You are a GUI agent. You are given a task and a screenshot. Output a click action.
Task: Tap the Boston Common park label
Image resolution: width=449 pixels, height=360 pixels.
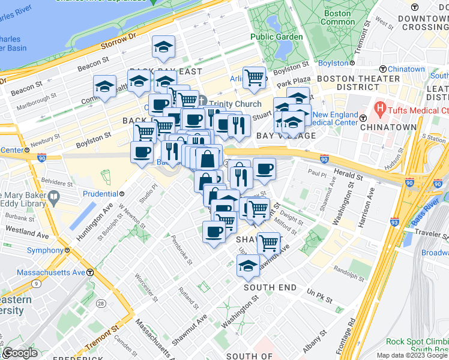[338, 17]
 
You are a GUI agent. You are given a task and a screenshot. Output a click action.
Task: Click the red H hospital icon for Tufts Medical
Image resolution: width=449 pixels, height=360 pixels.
[379, 109]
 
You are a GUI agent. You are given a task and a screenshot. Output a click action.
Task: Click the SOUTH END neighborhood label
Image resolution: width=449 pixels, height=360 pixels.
[270, 287]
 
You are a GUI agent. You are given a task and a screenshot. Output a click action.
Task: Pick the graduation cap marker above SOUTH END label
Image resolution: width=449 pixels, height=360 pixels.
[247, 265]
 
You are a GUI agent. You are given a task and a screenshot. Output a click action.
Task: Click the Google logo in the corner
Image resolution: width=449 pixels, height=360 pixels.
[20, 353]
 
